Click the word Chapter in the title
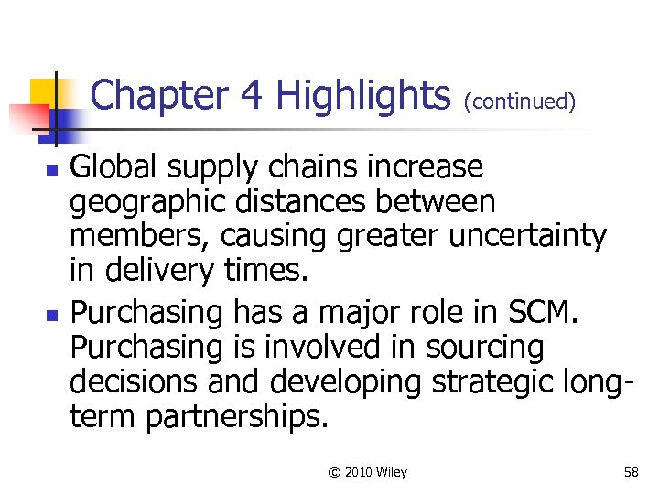coord(159,95)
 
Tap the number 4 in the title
coord(252,95)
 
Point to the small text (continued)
coord(520,102)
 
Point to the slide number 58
coord(631,472)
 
